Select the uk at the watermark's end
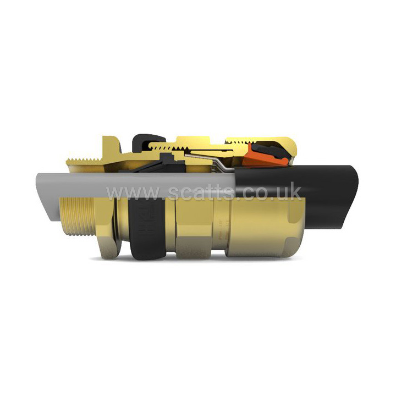point(289,193)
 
